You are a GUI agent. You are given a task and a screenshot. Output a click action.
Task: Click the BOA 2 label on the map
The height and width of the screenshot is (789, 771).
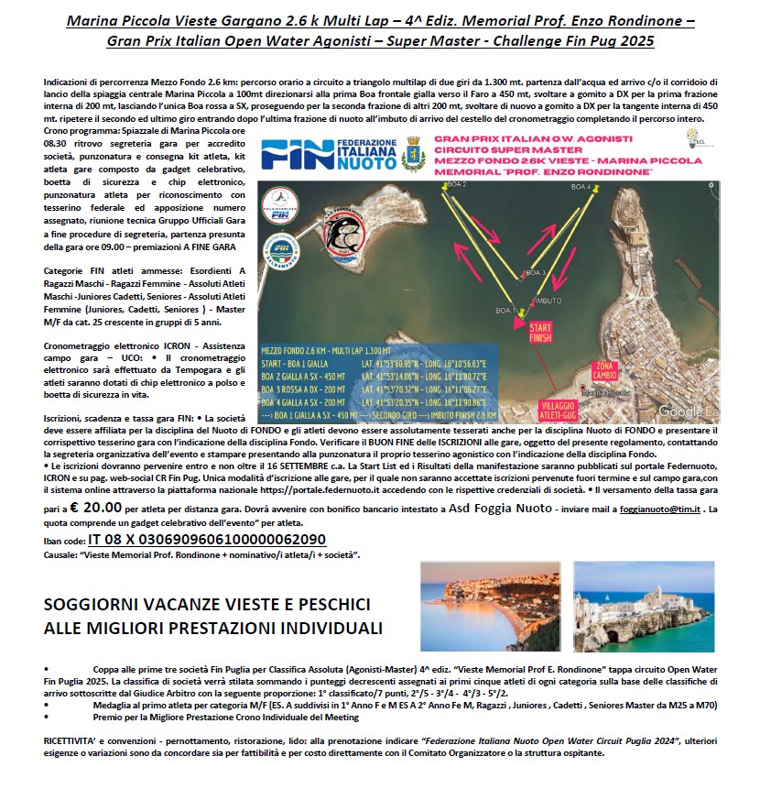pos(455,185)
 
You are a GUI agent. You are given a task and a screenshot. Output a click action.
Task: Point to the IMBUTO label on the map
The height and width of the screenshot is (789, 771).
pos(548,300)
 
